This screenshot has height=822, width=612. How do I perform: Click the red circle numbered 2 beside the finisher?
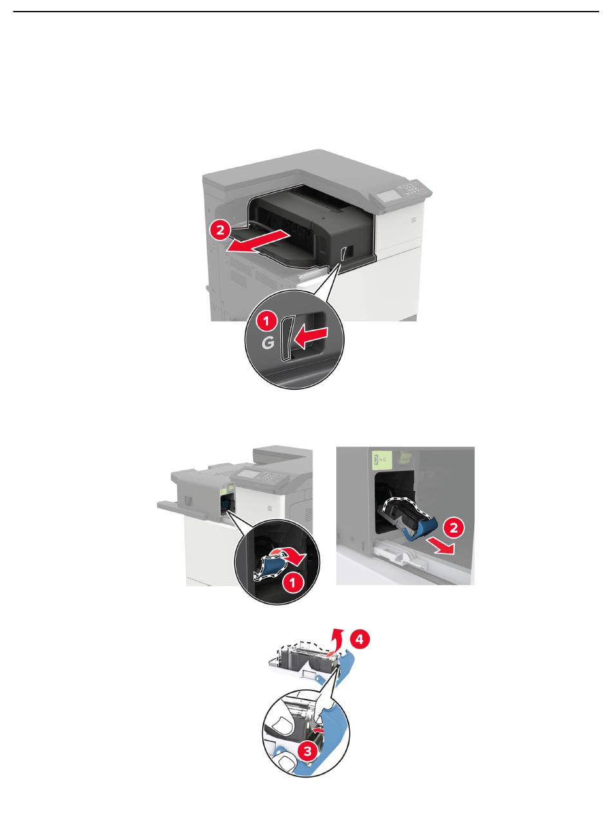[220, 230]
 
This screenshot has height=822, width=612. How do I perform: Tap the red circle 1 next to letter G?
[266, 321]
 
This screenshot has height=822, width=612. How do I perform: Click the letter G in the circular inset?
[268, 343]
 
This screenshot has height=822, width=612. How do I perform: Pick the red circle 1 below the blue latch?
[293, 583]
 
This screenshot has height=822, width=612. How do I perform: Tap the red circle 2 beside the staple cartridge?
[454, 528]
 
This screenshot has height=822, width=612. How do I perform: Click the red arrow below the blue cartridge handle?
[440, 546]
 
